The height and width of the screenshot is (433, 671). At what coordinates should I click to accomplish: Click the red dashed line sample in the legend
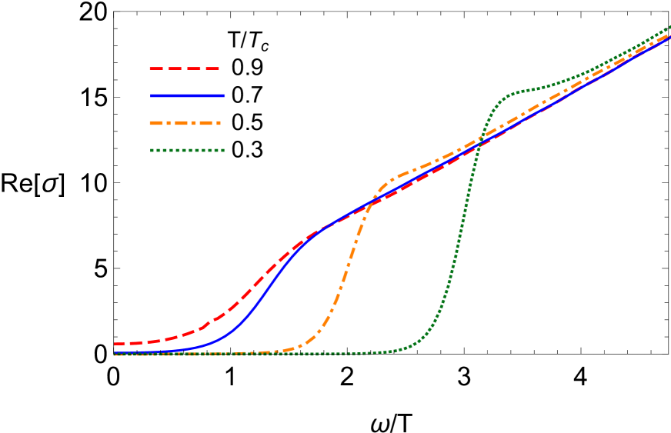(185, 68)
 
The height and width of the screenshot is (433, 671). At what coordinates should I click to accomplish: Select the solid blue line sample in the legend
(188, 96)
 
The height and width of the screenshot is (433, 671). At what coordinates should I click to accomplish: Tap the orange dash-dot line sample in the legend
(185, 123)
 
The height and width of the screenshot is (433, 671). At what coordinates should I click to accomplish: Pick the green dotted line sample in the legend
(187, 150)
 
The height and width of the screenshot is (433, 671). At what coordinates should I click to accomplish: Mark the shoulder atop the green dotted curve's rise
(508, 95)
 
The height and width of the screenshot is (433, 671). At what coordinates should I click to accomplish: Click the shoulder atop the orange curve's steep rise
(389, 183)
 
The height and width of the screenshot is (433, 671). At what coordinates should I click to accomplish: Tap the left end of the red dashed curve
(115, 344)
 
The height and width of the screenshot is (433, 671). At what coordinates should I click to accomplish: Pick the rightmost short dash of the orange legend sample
(217, 123)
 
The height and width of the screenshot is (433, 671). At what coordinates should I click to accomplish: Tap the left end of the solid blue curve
(115, 353)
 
